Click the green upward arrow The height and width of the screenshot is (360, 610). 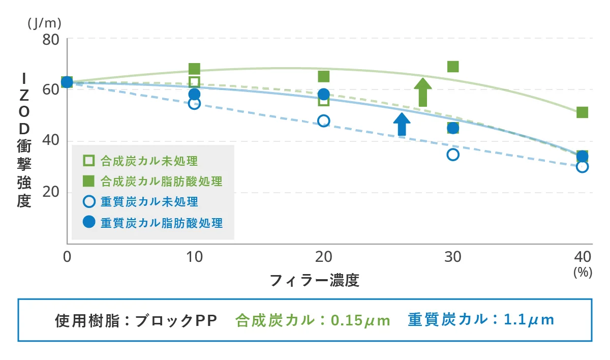[422, 92]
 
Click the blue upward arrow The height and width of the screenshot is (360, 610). [402, 124]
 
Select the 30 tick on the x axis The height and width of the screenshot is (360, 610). [453, 257]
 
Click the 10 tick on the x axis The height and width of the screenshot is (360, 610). [194, 257]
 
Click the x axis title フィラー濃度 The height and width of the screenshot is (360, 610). [314, 280]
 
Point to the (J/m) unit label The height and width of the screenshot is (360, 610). [44, 22]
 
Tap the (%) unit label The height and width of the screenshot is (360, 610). [583, 272]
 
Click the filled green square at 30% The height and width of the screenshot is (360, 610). [453, 67]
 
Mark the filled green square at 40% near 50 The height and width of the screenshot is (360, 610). [583, 112]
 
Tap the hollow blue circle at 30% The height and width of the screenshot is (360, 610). [453, 155]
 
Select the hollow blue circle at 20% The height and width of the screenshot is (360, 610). [324, 121]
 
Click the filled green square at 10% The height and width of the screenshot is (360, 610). [194, 69]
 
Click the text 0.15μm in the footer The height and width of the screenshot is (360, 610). [360, 320]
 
